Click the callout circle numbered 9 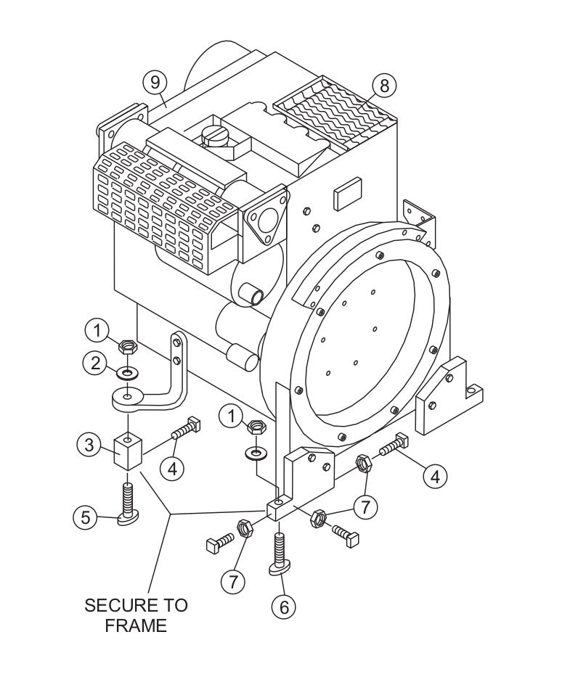(x=154, y=82)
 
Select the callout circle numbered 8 (x=384, y=85)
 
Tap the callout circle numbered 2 (x=95, y=364)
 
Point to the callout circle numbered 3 (x=89, y=445)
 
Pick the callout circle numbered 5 (x=85, y=517)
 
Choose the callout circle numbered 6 (x=283, y=606)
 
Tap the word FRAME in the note (x=136, y=625)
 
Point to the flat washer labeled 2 (x=128, y=374)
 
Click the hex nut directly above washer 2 (x=127, y=348)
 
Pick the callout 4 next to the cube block (x=172, y=468)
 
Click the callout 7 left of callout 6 (x=233, y=580)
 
